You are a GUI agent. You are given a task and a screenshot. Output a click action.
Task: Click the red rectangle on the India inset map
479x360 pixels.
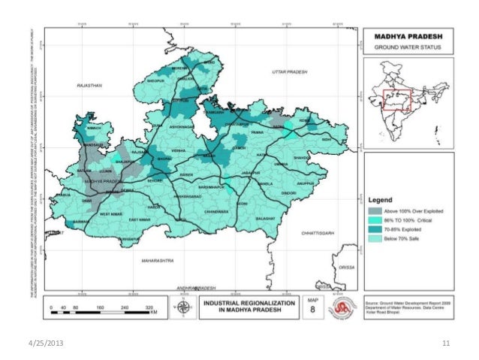point(393,100)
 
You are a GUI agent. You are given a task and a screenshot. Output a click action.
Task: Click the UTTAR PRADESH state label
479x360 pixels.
point(290,70)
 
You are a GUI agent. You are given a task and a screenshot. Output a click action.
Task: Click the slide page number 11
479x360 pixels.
point(446,344)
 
